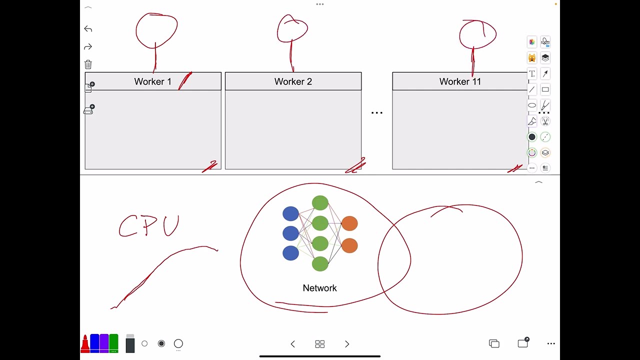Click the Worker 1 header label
152,81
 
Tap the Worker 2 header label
293,81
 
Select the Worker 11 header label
460,81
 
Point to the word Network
319,288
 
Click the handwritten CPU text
149,226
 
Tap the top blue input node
290,214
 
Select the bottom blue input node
290,253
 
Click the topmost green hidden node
320,203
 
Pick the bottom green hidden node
320,263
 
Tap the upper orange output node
349,223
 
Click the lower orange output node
349,245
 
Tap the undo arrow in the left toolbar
88,29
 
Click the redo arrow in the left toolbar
88,47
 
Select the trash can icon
88,64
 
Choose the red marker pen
85,343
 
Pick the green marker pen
113,343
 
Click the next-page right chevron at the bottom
347,344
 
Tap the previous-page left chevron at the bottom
293,344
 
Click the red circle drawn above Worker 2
292,29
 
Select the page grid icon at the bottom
320,344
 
